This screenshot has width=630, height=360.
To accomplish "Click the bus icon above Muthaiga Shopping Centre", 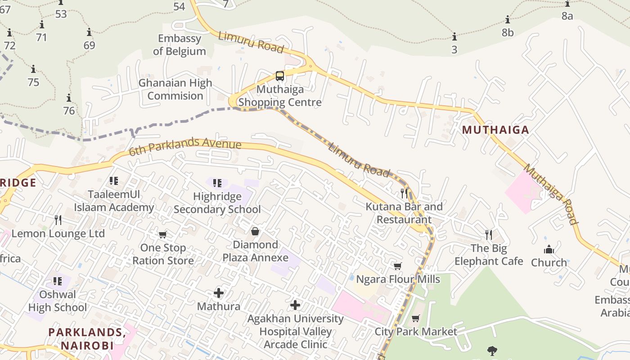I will tap(279, 76).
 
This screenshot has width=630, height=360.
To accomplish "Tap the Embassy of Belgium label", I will tap(180, 45).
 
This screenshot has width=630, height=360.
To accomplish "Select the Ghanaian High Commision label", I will tap(175, 90).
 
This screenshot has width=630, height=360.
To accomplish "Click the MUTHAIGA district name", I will tap(495, 130).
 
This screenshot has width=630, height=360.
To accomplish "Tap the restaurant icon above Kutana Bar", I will tap(404, 193).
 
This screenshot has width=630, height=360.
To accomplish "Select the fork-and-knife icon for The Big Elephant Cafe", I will tap(489, 234).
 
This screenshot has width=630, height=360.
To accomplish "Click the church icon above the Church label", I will tap(549, 249).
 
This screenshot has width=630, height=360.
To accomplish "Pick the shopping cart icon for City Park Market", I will tap(415, 319).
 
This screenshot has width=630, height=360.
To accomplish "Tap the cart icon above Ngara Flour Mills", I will tap(397, 266).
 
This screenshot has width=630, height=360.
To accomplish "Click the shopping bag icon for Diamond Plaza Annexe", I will tap(255, 231).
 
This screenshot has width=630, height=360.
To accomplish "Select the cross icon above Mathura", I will tap(219, 293).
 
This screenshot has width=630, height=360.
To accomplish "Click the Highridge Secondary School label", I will tap(217, 203).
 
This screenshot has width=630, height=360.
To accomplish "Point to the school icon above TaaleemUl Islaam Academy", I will tap(114, 181).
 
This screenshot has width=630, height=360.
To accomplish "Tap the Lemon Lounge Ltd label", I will tap(58, 234).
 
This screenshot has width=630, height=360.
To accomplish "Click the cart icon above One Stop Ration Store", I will tap(162, 234).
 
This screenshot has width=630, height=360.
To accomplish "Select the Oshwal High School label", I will tap(58, 301).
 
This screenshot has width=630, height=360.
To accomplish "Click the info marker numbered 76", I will tap(68, 98).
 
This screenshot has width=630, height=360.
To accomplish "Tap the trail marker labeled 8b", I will tap(508, 20).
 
